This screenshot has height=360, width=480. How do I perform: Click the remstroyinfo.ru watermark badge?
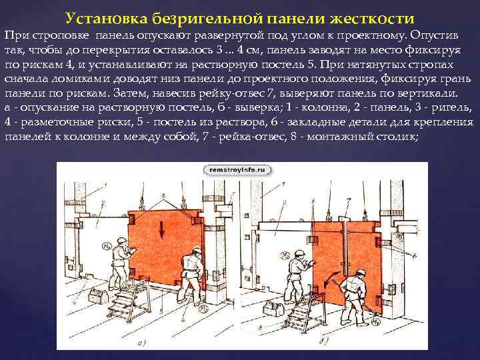pyautogui.click(x=237, y=170)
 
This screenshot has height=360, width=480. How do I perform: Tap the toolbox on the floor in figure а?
pyautogui.click(x=98, y=296)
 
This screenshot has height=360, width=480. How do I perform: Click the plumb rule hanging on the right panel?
pyautogui.click(x=345, y=245)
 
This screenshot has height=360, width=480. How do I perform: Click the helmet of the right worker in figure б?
pyautogui.click(x=361, y=273)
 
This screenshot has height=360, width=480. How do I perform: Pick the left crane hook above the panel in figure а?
pyautogui.click(x=142, y=203)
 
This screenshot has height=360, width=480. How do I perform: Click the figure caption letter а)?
pyautogui.click(x=141, y=343)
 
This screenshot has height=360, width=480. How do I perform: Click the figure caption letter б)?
pyautogui.click(x=323, y=341)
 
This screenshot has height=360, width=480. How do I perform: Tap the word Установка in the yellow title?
pyautogui.click(x=107, y=19)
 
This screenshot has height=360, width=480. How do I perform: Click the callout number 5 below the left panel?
pyautogui.click(x=161, y=312)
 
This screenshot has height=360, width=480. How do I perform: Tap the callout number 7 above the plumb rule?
pyautogui.click(x=348, y=201)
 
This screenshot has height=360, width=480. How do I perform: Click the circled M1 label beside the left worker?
pyautogui.click(x=107, y=245)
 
